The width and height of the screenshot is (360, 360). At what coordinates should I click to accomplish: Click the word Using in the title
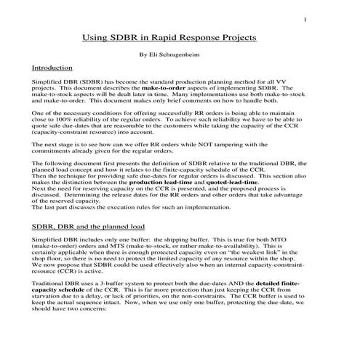point(97,37)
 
